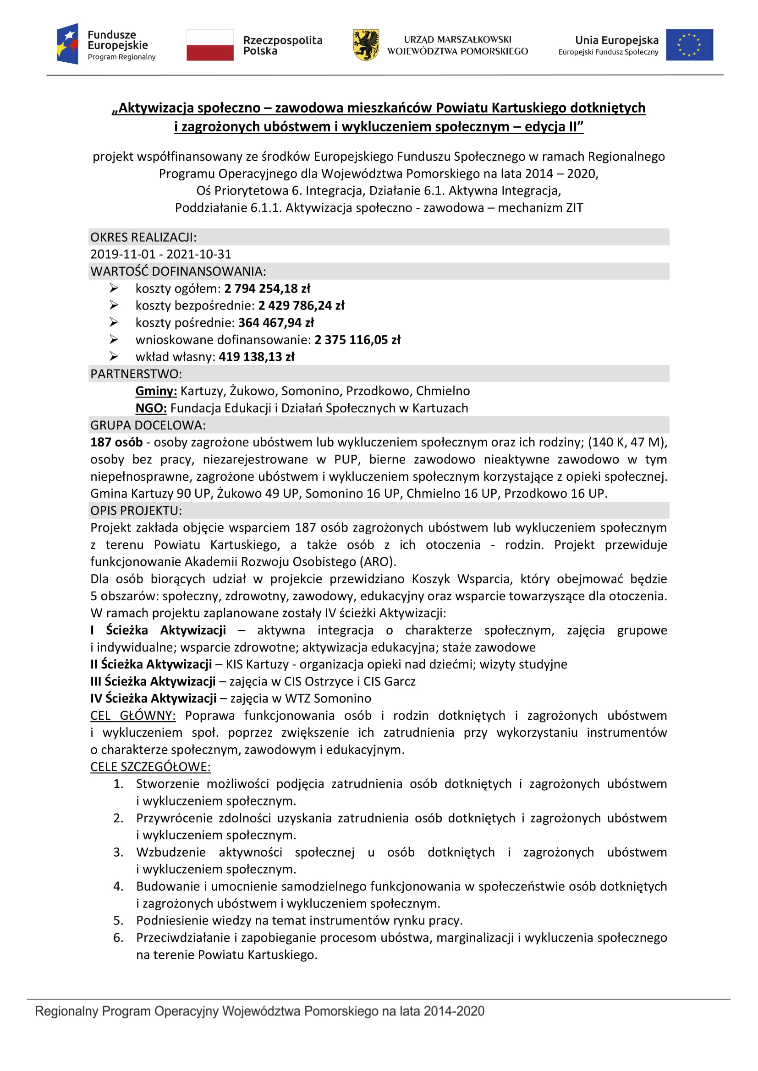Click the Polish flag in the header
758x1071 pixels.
coord(209,45)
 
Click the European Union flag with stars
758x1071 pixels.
coord(689,45)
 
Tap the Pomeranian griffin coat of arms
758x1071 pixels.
coord(365,45)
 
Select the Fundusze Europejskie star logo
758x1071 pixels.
coord(68,44)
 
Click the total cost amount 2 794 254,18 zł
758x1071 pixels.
coord(267,289)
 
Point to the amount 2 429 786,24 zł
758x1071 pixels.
coord(301,305)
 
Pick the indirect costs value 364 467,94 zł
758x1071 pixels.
coord(276,323)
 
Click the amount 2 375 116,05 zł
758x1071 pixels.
coord(357,340)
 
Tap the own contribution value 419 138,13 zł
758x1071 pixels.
coord(257,357)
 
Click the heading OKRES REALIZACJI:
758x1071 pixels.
coord(143,238)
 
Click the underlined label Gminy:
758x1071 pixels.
coord(156,391)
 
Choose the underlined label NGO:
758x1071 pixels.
coord(151,408)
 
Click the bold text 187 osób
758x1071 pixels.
coord(116,442)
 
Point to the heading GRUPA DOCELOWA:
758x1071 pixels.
coord(148,425)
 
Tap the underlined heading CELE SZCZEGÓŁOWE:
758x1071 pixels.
coord(150,767)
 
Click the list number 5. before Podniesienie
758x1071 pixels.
coord(119,920)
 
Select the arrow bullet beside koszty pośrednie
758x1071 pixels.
coord(114,322)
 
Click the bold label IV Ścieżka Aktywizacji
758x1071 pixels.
coord(153,698)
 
